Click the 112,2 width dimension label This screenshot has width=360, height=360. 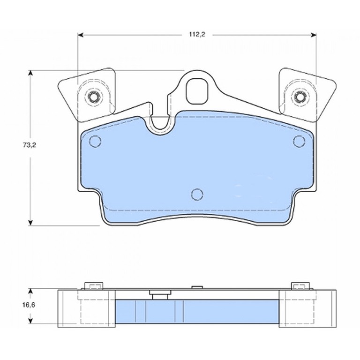tap(197, 34)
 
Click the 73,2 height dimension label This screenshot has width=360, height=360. tap(30, 145)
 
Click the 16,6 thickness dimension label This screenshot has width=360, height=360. tap(29, 305)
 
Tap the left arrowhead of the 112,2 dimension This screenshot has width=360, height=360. tap(80, 35)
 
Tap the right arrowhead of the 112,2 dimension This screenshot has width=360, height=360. tap(314, 35)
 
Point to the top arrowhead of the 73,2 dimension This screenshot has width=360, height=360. tap(30, 73)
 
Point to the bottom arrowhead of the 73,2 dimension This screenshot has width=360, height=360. tap(30, 223)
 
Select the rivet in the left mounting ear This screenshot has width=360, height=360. tap(93, 97)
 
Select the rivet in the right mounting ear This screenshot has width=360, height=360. tap(300, 97)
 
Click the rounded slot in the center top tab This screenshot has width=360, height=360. tap(196, 91)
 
